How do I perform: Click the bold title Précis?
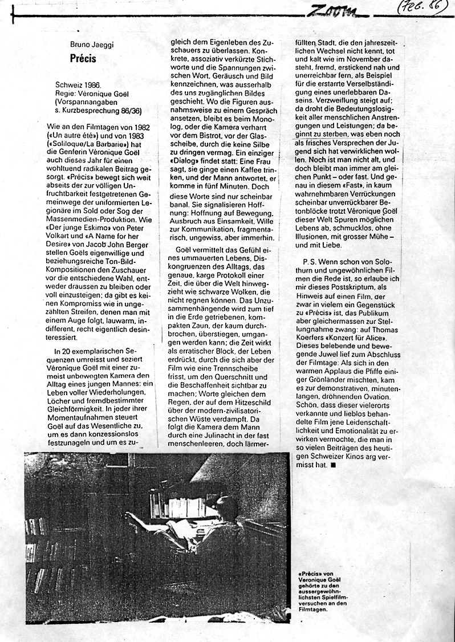point(83,58)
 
